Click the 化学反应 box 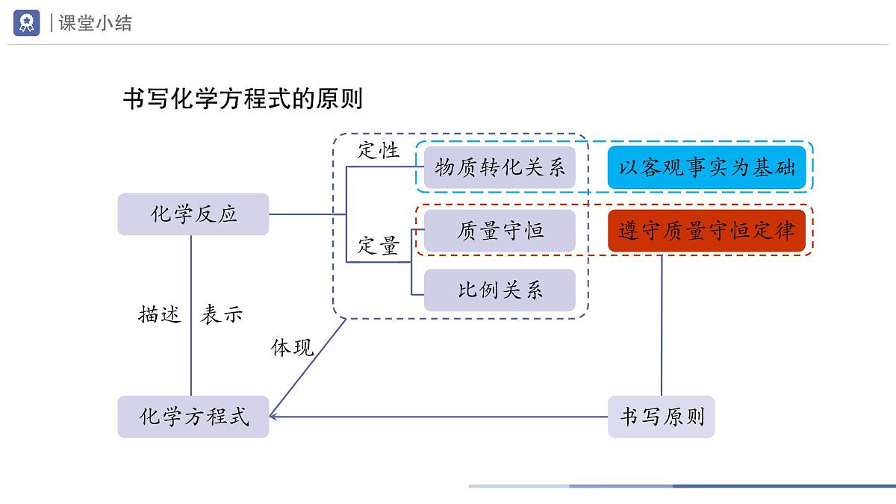pos(193,214)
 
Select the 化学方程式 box pos(193,417)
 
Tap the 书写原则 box pos(661,417)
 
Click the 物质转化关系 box pos(500,167)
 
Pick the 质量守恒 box pos(500,231)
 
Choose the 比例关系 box pos(500,290)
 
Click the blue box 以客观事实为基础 pos(706,167)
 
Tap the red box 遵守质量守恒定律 pos(706,231)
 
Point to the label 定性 pos(379,149)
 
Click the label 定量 pos(379,245)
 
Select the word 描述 pos(160,314)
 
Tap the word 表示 pos(222,314)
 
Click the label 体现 pos(292,347)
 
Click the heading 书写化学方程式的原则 pos(243,99)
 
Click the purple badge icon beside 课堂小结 pos(27,23)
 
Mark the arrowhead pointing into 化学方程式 pos(273,415)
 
